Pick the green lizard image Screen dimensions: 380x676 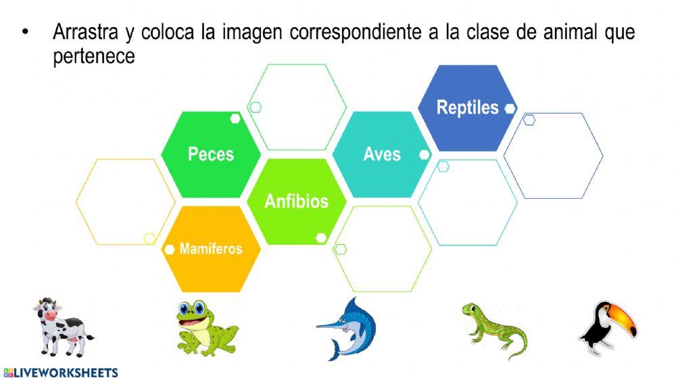point(493,329)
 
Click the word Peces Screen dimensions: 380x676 point(210,154)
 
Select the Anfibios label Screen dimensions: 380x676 point(296,201)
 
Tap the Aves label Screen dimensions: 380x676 point(382,154)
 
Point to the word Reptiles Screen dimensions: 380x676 point(467,108)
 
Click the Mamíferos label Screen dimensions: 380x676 point(211,249)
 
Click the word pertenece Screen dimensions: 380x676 point(94,57)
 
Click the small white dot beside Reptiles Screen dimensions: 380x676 point(510,108)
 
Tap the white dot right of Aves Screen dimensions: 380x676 point(425,155)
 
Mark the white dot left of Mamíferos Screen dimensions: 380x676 point(170,250)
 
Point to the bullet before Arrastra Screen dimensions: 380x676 point(26,32)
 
